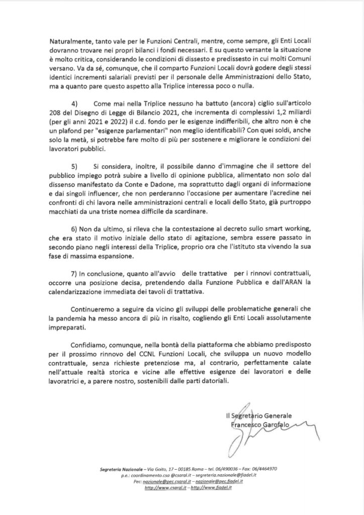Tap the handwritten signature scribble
point(261,435)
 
